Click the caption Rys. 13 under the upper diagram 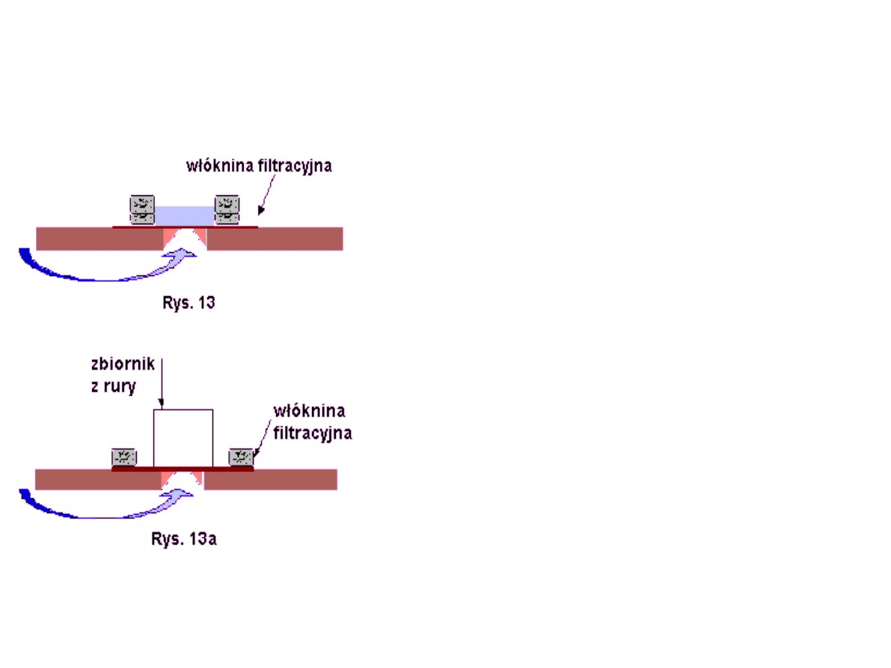pyautogui.click(x=189, y=304)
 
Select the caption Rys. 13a pyautogui.click(x=183, y=539)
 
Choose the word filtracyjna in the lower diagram pyautogui.click(x=313, y=432)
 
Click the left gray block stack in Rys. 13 pyautogui.click(x=142, y=209)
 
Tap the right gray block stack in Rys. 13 pyautogui.click(x=227, y=209)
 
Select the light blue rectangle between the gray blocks pyautogui.click(x=184, y=215)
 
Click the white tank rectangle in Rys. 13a pyautogui.click(x=183, y=438)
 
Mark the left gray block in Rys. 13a pyautogui.click(x=123, y=456)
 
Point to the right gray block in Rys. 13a pyautogui.click(x=242, y=456)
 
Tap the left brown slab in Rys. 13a pyautogui.click(x=97, y=479)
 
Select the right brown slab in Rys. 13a pyautogui.click(x=270, y=479)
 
